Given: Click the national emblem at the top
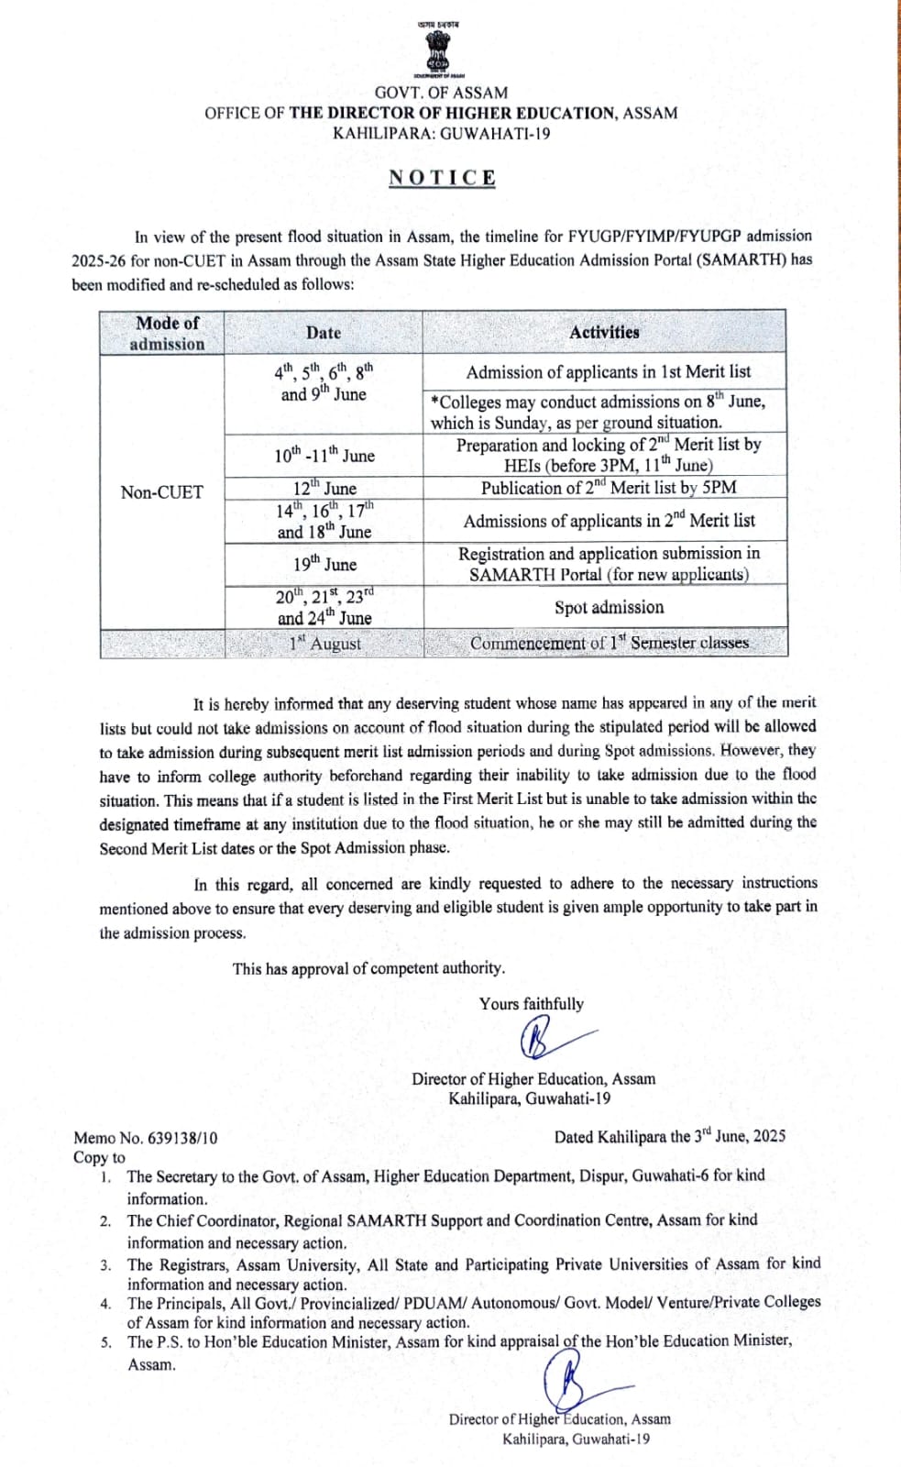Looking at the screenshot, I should pos(440,50).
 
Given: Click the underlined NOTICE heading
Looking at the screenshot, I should pos(442,178).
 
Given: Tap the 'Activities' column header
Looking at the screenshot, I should pos(604,333).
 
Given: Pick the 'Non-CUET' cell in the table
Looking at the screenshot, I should pos(161,492).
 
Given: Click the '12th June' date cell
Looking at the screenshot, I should pos(324,488).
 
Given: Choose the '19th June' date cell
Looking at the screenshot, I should pos(324,564).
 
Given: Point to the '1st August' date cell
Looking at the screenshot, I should pos(324,644).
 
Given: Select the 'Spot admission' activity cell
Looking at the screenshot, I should pos(609,607).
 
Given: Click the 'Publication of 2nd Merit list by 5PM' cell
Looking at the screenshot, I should pos(609,488).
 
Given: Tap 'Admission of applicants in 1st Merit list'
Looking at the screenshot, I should pos(608,372).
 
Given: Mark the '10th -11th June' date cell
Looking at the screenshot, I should pos(324,455).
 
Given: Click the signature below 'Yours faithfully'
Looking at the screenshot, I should pos(550,1041).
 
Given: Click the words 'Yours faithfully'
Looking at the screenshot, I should pos(531,1004).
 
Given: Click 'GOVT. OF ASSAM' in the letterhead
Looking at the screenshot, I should pos(441,93).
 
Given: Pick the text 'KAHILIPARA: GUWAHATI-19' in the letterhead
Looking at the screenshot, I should pos(441,134).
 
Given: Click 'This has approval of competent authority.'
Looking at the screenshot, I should pos(368,968).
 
